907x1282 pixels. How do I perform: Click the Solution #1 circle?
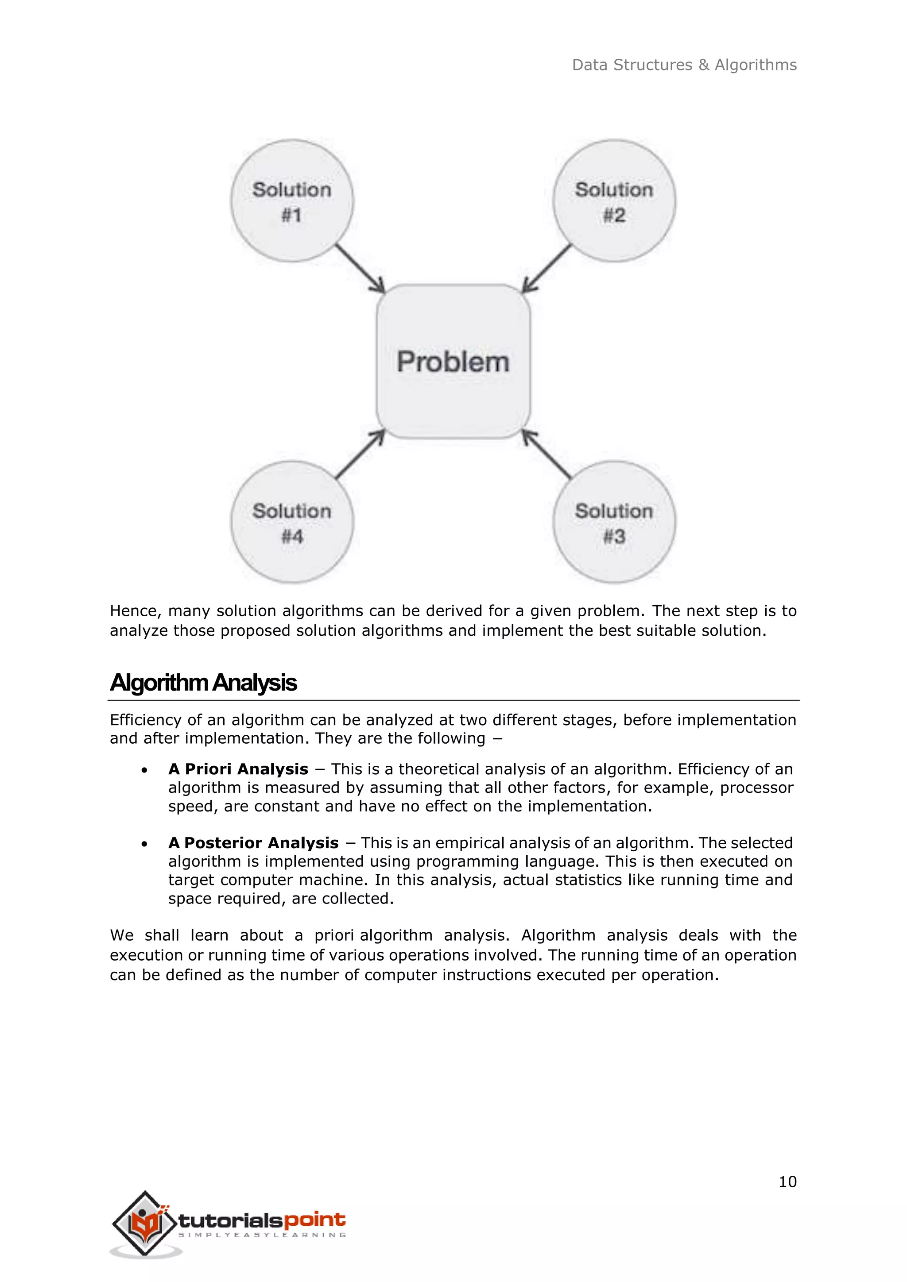click(x=292, y=201)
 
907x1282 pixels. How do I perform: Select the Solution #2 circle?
click(x=614, y=201)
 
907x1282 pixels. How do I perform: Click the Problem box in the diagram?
click(x=453, y=361)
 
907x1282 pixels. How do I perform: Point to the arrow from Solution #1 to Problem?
click(x=360, y=269)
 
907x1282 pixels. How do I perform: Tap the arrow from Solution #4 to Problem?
click(x=360, y=454)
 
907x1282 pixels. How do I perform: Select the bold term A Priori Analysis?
click(x=238, y=769)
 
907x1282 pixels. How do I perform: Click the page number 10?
click(x=787, y=1182)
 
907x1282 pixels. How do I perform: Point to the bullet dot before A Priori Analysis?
click(x=145, y=771)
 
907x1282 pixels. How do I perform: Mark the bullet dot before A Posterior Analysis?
click(x=145, y=844)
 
